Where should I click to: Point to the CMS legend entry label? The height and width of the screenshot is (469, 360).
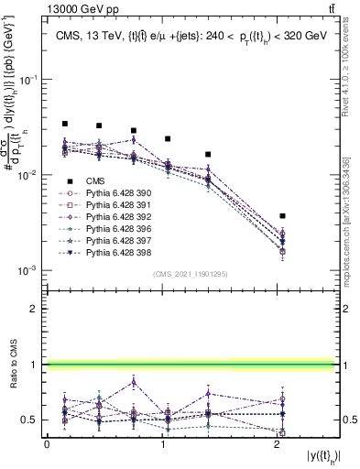point(95,181)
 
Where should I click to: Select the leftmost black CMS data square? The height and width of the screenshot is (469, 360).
point(65,124)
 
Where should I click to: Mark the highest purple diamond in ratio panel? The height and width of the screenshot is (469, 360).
point(134,382)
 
